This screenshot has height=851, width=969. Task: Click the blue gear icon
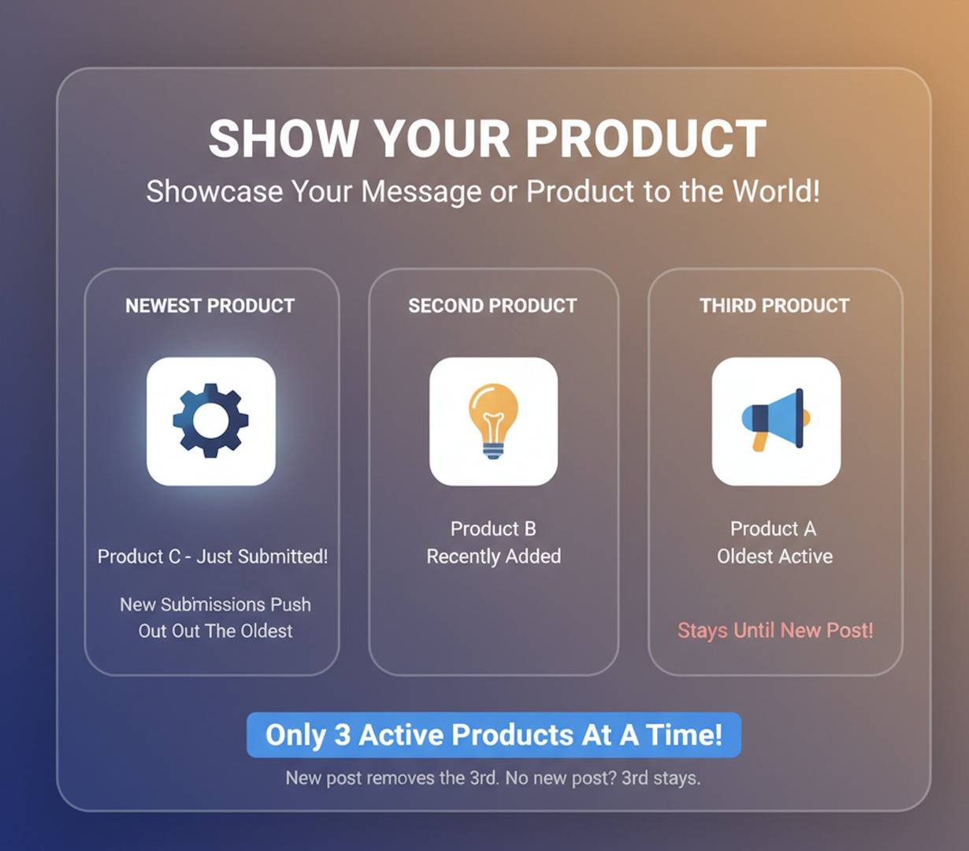pos(210,421)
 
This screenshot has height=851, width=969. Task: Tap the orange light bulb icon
pos(493,418)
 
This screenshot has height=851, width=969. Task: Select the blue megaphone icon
pos(775,418)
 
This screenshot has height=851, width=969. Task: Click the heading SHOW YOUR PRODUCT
pos(487,139)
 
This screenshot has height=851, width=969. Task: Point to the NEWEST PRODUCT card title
pos(210,306)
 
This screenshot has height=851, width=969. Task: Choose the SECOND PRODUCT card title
pos(492,306)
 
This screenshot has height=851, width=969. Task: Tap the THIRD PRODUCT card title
pos(774,306)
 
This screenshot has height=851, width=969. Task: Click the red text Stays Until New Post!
pos(775,630)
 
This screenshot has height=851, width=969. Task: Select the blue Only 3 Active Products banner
pos(494,734)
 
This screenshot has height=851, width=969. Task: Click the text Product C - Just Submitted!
pos(213,556)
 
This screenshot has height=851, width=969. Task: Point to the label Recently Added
pos(494,556)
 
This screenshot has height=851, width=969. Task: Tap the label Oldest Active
pos(774,556)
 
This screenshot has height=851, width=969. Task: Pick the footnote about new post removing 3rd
pos(493,779)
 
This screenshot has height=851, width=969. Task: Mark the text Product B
pos(493,529)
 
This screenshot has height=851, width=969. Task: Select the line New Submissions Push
pos(215,604)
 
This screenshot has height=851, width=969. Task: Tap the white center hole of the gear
pos(210,422)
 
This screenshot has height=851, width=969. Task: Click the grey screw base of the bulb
pos(493,451)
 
